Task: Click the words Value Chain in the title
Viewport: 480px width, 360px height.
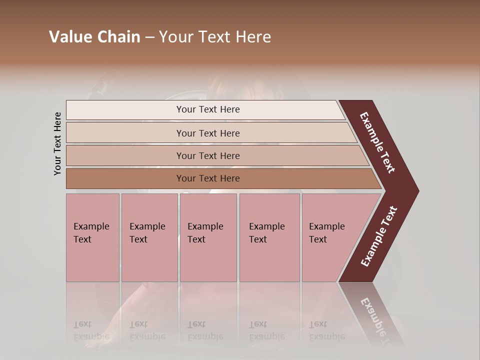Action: click(94, 37)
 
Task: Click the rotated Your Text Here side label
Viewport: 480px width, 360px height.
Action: click(57, 143)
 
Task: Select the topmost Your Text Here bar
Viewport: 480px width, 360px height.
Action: click(208, 109)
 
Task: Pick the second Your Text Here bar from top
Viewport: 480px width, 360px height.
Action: click(208, 133)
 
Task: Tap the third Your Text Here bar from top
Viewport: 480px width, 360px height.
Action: click(208, 155)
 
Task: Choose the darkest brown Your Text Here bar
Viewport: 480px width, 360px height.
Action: click(208, 178)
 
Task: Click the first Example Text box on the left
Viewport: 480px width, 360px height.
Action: click(92, 237)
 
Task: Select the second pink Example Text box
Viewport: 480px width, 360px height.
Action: click(149, 237)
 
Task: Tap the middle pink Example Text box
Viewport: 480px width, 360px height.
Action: click(208, 237)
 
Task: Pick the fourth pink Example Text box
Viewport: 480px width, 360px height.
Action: click(269, 237)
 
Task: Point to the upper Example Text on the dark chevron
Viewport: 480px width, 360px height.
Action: click(377, 142)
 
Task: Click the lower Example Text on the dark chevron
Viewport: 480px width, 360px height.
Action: click(378, 236)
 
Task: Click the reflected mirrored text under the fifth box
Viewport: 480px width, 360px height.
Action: click(326, 330)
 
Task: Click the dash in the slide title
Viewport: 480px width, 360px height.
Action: click(149, 37)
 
